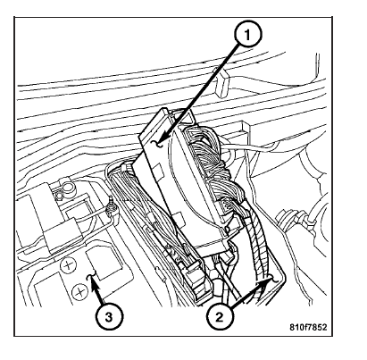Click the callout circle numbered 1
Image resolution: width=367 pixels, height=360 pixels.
coord(247,35)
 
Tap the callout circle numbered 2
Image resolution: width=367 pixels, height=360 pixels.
coord(219,316)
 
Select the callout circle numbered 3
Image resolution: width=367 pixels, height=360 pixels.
coord(109,316)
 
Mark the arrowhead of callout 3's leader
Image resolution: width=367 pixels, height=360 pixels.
coord(92,280)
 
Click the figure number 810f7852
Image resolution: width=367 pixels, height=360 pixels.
coord(308,327)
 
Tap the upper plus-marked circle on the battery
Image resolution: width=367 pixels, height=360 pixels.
coord(69,264)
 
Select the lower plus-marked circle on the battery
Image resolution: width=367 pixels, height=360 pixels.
coord(79,291)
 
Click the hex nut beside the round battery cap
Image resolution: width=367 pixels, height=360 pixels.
coord(59,195)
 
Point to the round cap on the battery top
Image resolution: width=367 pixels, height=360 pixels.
coord(68,189)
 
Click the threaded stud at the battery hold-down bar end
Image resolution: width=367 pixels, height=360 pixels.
coord(113,207)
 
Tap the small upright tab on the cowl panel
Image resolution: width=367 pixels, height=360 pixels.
coord(222,85)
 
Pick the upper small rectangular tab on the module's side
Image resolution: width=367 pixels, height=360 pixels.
coord(158,172)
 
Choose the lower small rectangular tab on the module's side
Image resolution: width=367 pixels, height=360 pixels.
coord(180,219)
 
